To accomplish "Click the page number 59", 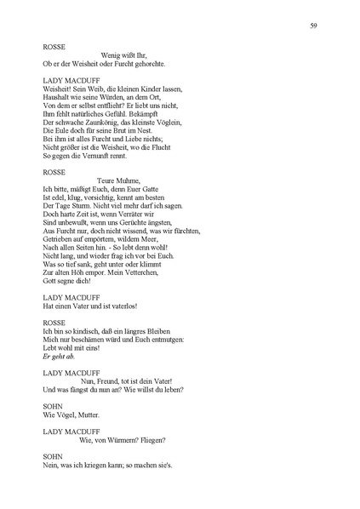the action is click(314, 26).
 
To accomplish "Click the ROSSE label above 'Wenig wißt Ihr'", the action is click(53, 47).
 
